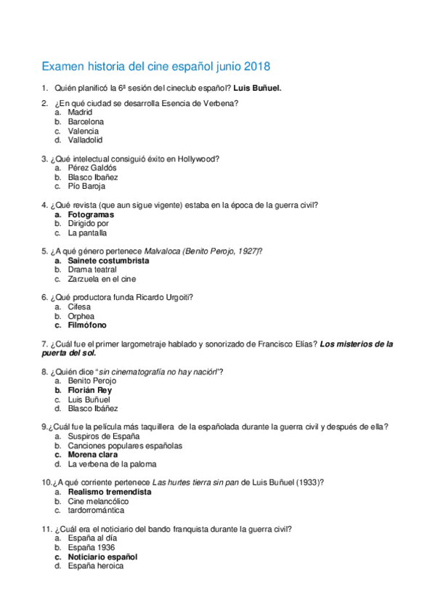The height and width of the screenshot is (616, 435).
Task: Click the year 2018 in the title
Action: click(256, 67)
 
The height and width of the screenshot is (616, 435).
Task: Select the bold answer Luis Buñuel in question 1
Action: click(257, 89)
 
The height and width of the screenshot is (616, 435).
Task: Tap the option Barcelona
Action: click(86, 122)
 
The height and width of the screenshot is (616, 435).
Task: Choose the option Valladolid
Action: click(85, 140)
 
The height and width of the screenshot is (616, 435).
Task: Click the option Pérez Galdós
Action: click(92, 168)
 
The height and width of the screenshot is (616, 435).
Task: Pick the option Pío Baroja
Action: click(87, 186)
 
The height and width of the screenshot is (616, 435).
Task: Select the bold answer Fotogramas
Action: click(91, 215)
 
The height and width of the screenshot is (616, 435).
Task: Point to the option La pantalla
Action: click(87, 233)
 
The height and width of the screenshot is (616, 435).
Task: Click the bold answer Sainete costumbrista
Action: click(108, 260)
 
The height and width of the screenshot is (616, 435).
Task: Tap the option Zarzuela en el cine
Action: click(102, 279)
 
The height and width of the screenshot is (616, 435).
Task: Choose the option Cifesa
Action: click(79, 307)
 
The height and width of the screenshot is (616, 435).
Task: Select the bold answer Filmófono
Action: click(87, 325)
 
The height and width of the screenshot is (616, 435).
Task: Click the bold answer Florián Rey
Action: click(89, 390)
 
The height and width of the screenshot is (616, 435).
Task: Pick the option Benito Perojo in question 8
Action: click(92, 381)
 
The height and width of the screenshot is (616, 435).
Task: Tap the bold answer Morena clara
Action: click(93, 455)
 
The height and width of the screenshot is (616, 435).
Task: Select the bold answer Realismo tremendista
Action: click(109, 492)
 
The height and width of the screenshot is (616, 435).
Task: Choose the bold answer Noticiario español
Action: click(102, 556)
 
